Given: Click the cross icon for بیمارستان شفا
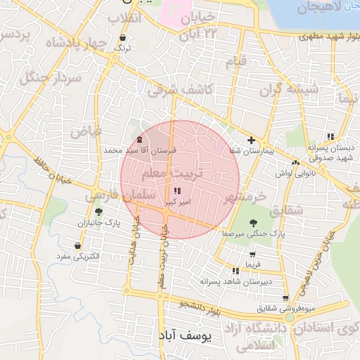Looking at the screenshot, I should [251, 140].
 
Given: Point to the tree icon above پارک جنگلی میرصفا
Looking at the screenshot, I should [253, 222].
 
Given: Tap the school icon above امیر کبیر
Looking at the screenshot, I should [176, 191].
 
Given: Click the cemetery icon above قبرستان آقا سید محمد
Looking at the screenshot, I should [139, 140].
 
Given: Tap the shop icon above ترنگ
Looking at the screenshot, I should [124, 38].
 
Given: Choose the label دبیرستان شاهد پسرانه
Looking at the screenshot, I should [236, 281].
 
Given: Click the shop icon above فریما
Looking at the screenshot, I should [252, 254].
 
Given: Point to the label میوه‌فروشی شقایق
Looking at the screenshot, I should [285, 308].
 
